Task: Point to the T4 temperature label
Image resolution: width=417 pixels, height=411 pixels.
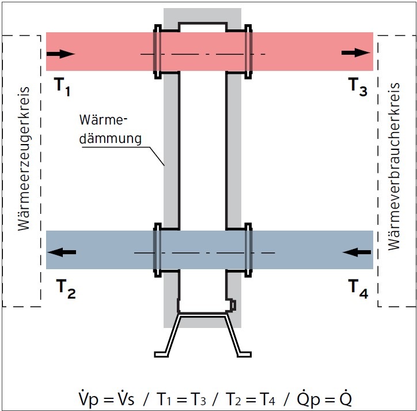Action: tap(357, 289)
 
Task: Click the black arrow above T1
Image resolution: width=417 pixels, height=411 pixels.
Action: tap(60, 54)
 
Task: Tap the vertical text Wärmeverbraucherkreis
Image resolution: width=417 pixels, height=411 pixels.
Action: tap(394, 167)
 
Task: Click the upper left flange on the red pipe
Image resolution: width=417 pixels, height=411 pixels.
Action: tap(156, 52)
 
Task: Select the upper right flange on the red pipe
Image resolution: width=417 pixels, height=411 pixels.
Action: tap(248, 52)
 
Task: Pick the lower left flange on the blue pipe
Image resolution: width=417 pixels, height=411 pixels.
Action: tap(156, 249)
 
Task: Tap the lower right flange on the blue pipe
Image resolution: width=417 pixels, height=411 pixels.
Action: tap(248, 249)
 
